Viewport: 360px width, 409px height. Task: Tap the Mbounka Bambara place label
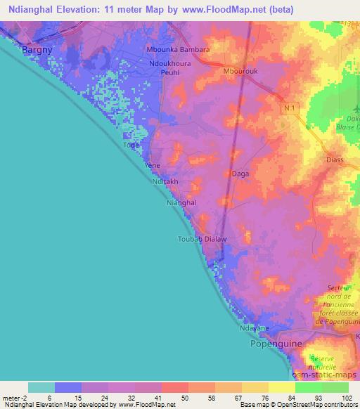click(177, 50)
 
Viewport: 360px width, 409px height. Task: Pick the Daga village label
click(239, 172)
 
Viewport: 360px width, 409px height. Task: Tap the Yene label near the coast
click(152, 166)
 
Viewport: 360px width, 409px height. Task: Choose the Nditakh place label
click(166, 181)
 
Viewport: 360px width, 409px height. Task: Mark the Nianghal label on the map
click(181, 202)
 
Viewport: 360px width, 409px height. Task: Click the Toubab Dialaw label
click(202, 240)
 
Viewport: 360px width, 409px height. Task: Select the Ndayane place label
click(255, 328)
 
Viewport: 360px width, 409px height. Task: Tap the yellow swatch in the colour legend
click(281, 387)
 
